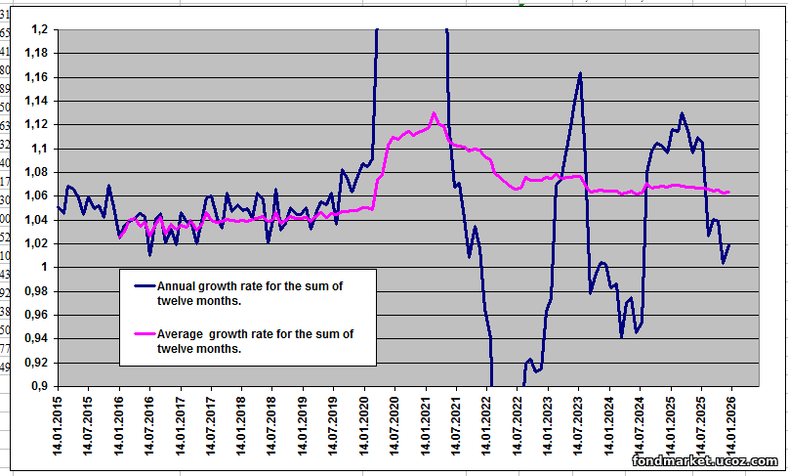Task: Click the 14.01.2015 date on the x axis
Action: click(x=58, y=427)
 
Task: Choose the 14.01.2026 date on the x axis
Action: click(x=731, y=427)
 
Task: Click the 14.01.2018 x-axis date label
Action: click(x=241, y=427)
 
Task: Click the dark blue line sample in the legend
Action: click(x=144, y=285)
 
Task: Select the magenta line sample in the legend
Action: click(x=144, y=334)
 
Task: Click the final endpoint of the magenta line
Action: click(x=728, y=192)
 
